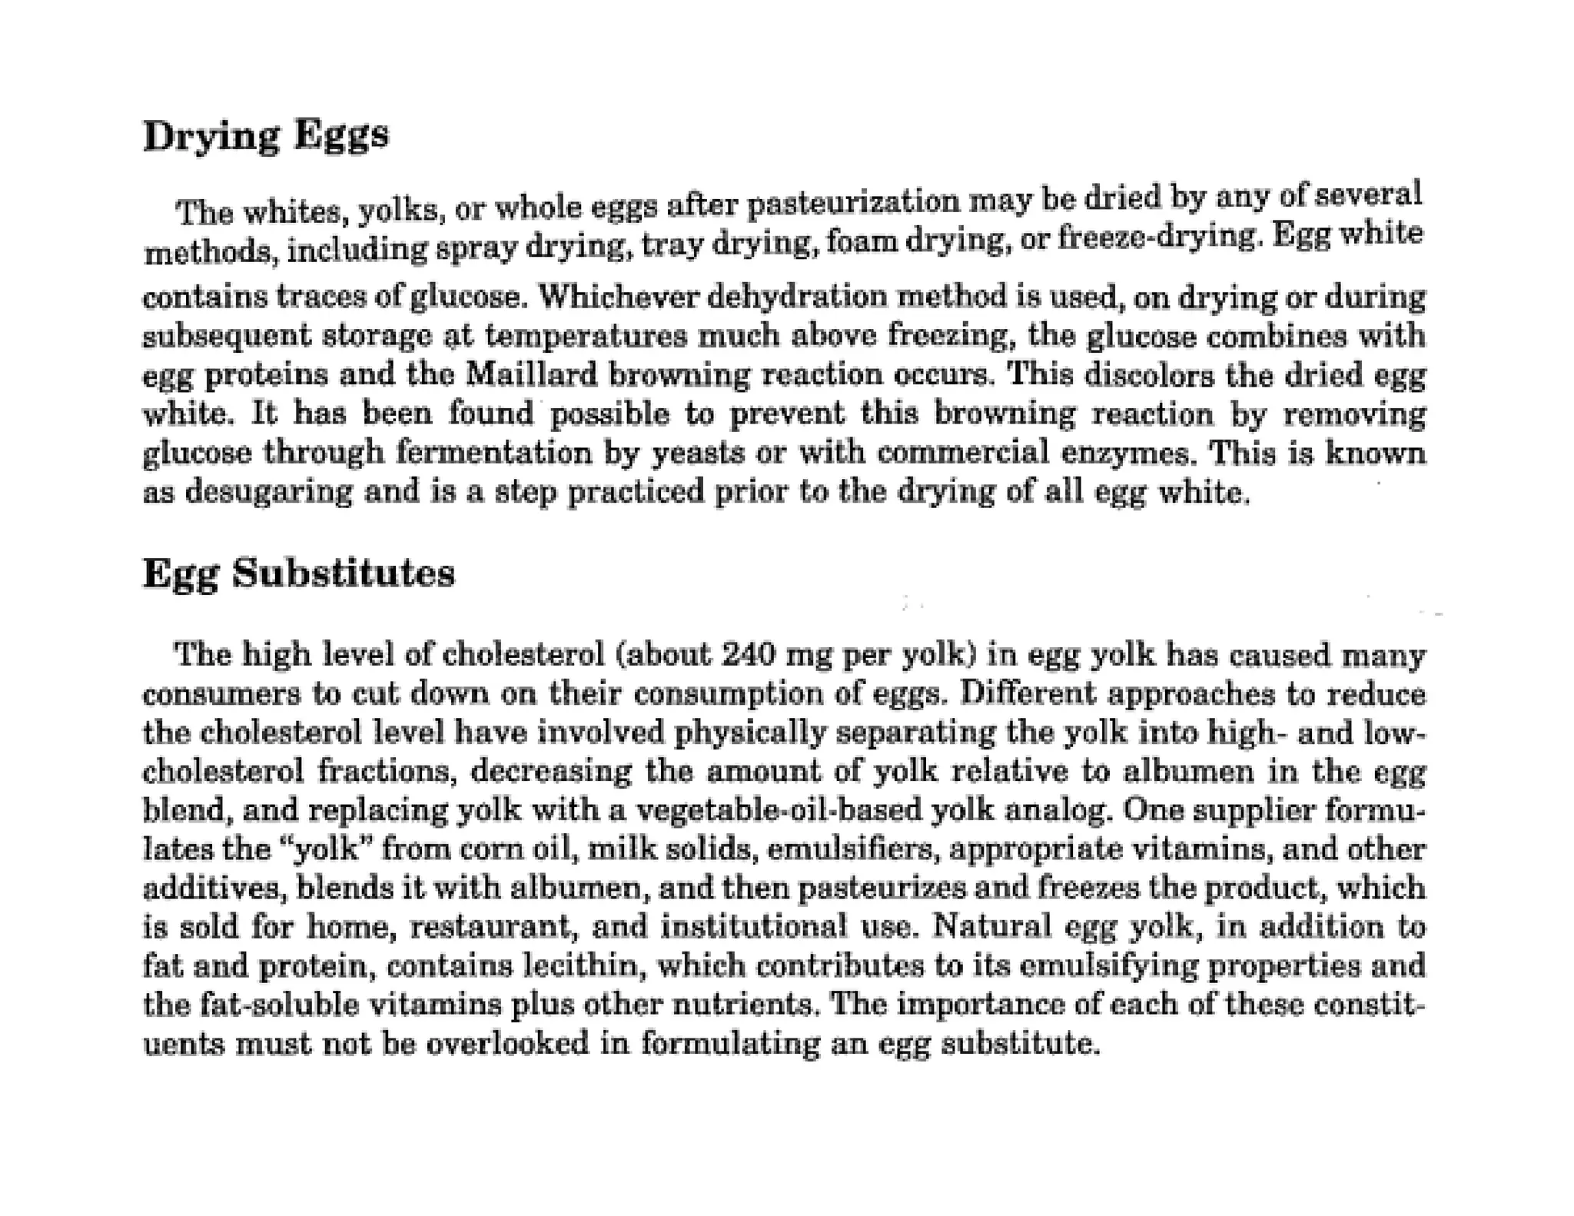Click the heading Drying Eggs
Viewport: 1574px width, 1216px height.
click(266, 137)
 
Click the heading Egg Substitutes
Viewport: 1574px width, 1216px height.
click(299, 573)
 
